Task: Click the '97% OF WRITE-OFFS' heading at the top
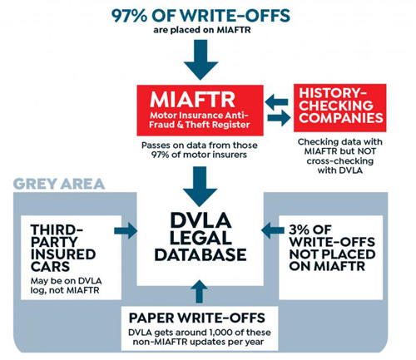tap(201, 16)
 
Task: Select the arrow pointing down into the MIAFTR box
tap(201, 60)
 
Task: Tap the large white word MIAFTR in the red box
tap(192, 100)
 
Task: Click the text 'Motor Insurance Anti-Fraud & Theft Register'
tap(200, 120)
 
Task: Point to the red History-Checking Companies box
tap(340, 108)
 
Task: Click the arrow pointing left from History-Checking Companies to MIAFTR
tap(276, 101)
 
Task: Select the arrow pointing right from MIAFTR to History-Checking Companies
tap(279, 118)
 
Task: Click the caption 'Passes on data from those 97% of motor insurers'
tap(200, 150)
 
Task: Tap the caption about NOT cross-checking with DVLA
tap(340, 156)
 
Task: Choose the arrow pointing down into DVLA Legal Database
tap(200, 186)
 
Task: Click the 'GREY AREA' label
tap(59, 184)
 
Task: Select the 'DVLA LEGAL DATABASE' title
tap(201, 237)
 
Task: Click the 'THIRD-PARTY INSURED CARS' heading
tap(63, 248)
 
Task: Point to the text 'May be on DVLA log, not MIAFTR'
tap(66, 285)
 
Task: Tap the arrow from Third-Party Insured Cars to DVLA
tap(126, 230)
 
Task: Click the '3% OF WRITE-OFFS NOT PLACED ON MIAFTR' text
tap(332, 248)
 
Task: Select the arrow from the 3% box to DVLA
tap(273, 230)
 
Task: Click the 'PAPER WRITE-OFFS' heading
tap(197, 318)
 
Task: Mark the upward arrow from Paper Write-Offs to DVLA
tap(200, 291)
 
